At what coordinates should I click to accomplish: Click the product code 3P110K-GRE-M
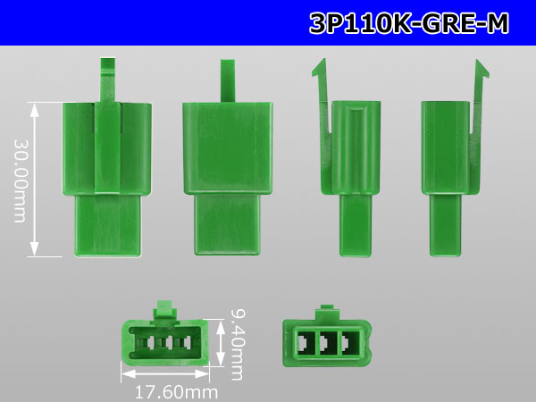[409, 23]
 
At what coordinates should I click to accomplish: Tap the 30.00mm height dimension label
[20, 180]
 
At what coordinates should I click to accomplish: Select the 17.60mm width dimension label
[176, 392]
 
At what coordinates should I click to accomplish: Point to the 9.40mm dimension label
[237, 345]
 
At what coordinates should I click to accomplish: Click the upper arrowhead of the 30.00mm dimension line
[34, 110]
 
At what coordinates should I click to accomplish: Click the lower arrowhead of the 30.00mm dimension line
[34, 248]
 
